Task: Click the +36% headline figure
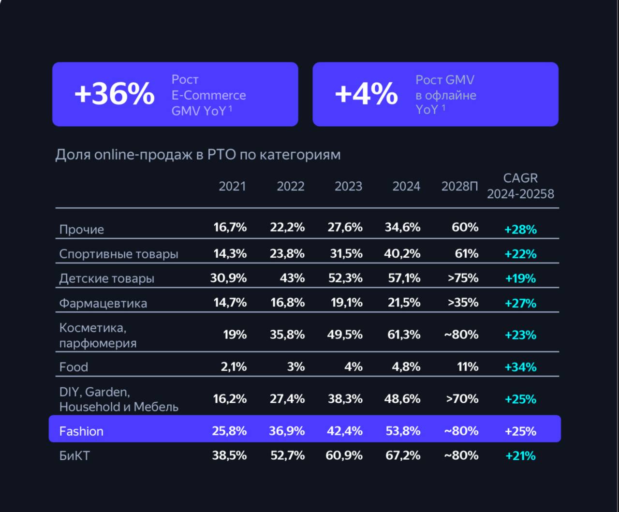[114, 94]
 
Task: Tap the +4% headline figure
[366, 94]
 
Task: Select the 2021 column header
[232, 187]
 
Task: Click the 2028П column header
[459, 187]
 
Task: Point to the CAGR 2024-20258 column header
[520, 186]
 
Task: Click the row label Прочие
[81, 230]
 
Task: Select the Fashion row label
[81, 431]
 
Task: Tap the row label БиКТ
[74, 456]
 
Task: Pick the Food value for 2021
[234, 367]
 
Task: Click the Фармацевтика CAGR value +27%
[520, 304]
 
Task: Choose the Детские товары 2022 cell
[292, 278]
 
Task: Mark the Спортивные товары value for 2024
[402, 254]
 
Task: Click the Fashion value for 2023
[344, 431]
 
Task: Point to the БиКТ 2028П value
[461, 455]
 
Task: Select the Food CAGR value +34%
[520, 367]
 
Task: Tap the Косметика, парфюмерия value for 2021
[235, 335]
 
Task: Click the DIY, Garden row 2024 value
[402, 399]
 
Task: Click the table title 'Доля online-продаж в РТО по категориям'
[198, 155]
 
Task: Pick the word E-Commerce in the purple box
[208, 95]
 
